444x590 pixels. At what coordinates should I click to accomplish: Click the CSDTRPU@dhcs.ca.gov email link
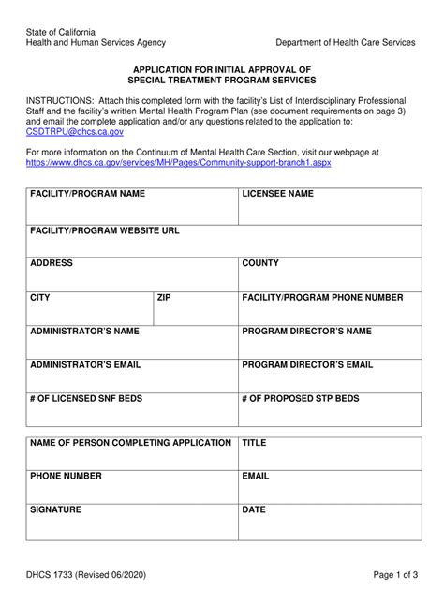[x=74, y=134]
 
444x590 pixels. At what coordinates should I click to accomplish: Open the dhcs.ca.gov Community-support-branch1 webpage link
[x=178, y=162]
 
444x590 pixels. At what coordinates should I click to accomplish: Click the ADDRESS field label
[x=52, y=263]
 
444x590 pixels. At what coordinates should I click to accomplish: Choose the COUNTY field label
[x=261, y=263]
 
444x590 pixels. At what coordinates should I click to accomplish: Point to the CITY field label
[x=40, y=297]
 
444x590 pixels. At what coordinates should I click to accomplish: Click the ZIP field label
[x=164, y=297]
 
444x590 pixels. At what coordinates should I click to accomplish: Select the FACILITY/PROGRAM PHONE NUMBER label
[x=322, y=297]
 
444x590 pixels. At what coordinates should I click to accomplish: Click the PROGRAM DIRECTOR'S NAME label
[x=306, y=331]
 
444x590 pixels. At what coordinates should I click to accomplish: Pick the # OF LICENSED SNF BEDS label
[x=86, y=398]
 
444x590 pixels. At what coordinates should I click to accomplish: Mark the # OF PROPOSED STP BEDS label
[x=301, y=398]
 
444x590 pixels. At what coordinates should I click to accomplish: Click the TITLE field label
[x=255, y=442]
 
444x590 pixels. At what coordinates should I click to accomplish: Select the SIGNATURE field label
[x=55, y=509]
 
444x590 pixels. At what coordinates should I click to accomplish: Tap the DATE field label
[x=254, y=509]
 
